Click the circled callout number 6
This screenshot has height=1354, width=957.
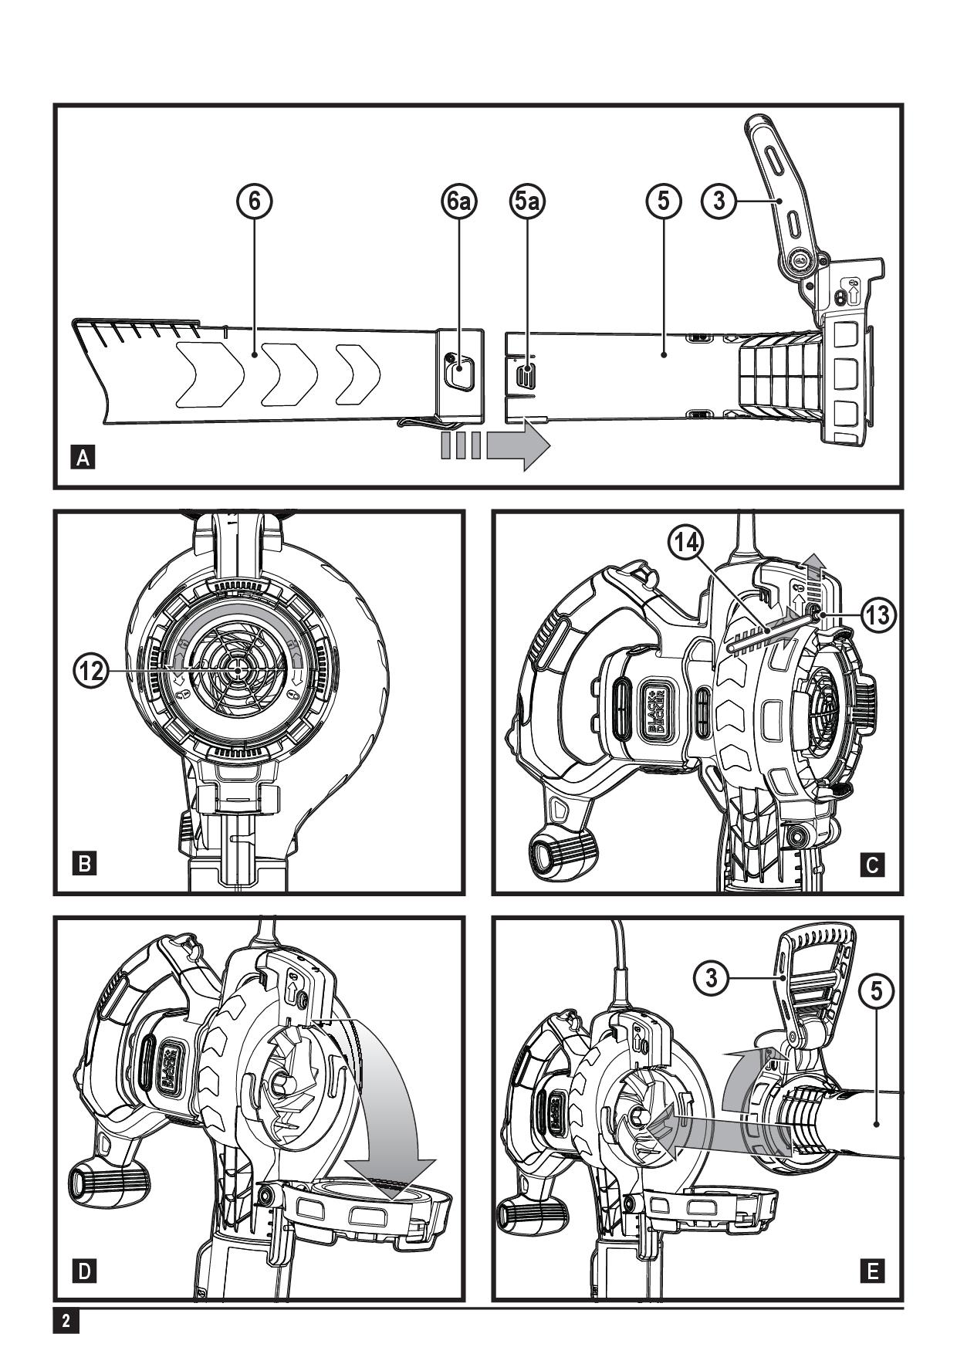[254, 201]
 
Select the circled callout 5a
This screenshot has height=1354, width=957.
[527, 201]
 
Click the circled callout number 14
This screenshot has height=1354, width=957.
[686, 544]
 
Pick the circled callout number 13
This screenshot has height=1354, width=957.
[878, 614]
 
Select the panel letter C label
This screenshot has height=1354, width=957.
[872, 865]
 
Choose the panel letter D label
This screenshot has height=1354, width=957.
[83, 1270]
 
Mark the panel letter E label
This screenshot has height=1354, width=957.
[872, 1270]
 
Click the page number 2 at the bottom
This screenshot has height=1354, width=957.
[66, 1321]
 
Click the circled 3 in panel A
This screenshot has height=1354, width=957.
[719, 201]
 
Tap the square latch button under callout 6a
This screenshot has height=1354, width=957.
[459, 373]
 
